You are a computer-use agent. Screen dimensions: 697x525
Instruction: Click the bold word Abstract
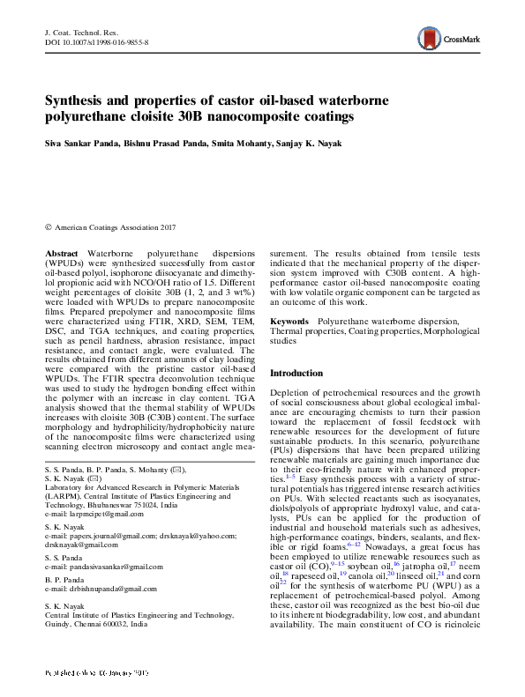tap(61, 252)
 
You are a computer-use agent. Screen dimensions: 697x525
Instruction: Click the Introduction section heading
tap(296, 373)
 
